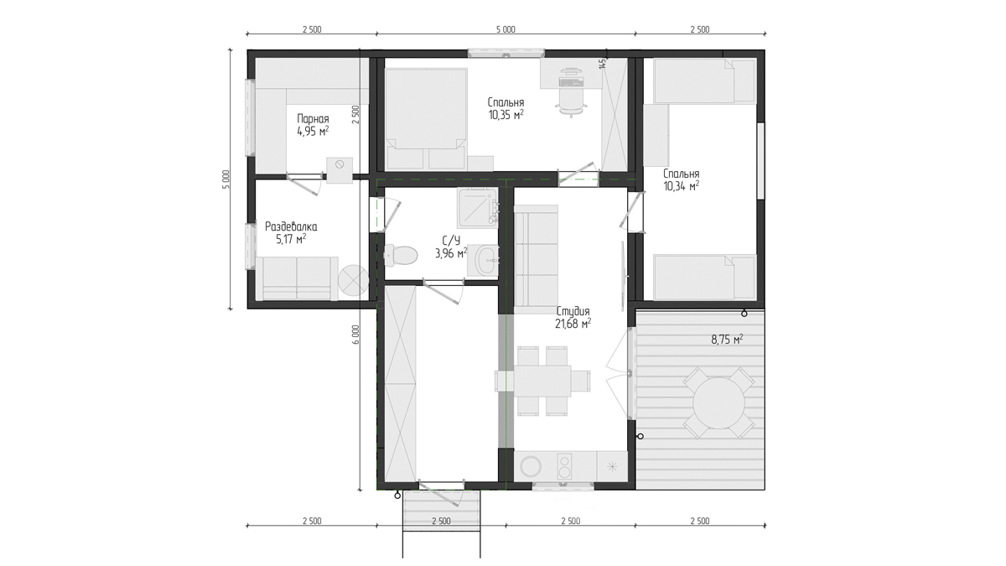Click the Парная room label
tap(313, 119)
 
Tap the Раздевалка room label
tap(291, 226)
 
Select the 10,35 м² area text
tap(506, 115)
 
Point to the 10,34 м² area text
tap(682, 185)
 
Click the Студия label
tap(573, 311)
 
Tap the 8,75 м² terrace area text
tap(727, 339)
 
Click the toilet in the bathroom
tap(401, 255)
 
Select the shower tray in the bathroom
tap(478, 208)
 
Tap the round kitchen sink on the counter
tap(532, 468)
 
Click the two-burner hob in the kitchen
tap(564, 466)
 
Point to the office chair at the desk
tap(571, 102)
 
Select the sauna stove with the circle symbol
tap(340, 169)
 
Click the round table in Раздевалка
tap(354, 280)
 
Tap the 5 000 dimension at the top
tap(506, 29)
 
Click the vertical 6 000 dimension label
tap(355, 335)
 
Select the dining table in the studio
tap(542, 381)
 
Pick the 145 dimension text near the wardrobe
tap(603, 62)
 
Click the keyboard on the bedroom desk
tap(571, 82)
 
